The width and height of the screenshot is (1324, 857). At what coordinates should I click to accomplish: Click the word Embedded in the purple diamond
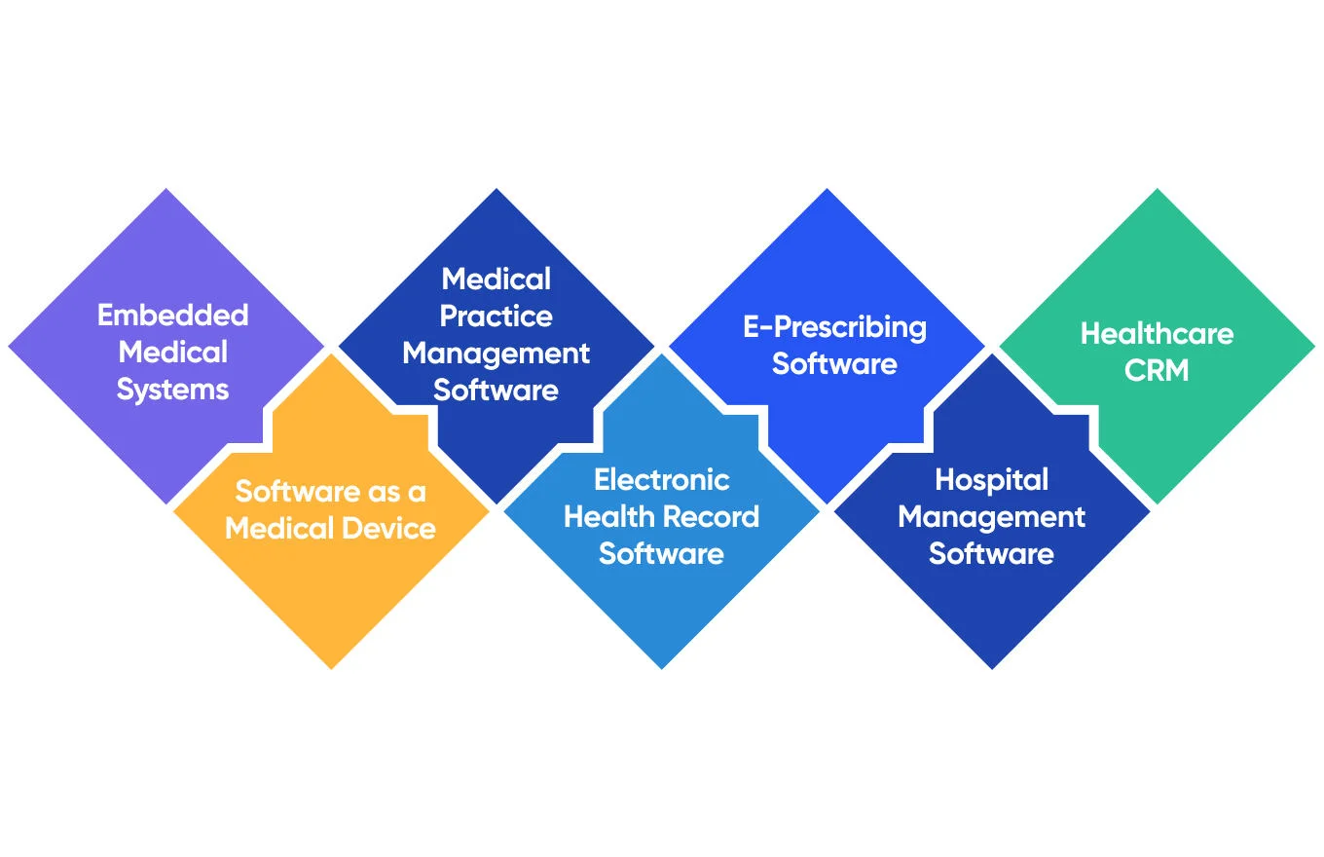pyautogui.click(x=173, y=316)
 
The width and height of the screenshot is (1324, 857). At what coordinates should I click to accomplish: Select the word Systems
pyautogui.click(x=173, y=390)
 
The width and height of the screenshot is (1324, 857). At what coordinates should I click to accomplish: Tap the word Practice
pyautogui.click(x=496, y=317)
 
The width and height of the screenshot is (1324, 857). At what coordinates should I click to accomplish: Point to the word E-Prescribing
pyautogui.click(x=835, y=327)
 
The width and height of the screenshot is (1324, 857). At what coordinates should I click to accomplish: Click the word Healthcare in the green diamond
pyautogui.click(x=1157, y=334)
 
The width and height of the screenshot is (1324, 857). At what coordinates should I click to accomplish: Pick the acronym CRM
pyautogui.click(x=1157, y=371)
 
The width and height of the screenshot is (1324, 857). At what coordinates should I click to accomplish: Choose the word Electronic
pyautogui.click(x=662, y=480)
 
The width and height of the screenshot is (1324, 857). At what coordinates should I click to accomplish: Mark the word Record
pyautogui.click(x=717, y=517)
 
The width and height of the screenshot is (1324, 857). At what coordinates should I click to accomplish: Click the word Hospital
pyautogui.click(x=991, y=480)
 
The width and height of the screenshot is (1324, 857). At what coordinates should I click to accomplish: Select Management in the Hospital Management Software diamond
pyautogui.click(x=991, y=517)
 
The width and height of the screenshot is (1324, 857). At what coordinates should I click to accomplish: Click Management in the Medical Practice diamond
pyautogui.click(x=496, y=354)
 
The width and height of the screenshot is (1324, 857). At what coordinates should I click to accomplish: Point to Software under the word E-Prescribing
pyautogui.click(x=835, y=364)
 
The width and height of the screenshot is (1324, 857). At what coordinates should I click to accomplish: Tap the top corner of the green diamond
pyautogui.click(x=1158, y=191)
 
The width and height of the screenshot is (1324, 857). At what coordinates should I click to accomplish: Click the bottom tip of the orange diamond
pyautogui.click(x=331, y=667)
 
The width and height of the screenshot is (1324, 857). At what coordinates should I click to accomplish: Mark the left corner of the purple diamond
pyautogui.click(x=11, y=346)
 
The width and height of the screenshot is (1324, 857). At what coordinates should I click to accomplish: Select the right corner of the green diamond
pyautogui.click(x=1313, y=346)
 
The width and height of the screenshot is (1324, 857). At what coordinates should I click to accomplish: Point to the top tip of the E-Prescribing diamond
pyautogui.click(x=827, y=191)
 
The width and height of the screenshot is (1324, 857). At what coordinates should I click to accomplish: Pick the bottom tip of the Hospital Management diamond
pyautogui.click(x=992, y=667)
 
